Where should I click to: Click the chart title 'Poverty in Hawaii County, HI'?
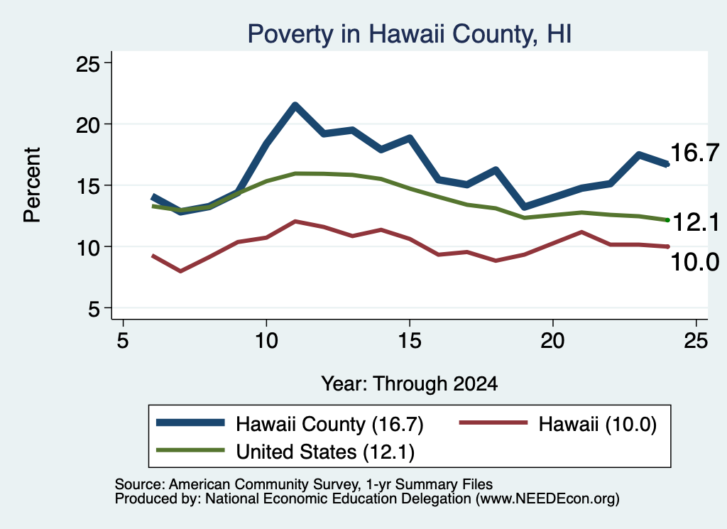410,34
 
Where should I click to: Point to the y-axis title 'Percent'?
32,185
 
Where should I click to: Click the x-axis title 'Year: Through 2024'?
410,384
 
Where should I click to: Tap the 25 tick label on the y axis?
88,63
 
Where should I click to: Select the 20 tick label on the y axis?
88,125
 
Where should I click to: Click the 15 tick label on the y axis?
88,186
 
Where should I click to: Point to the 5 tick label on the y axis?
94,308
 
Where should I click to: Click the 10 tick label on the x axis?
266,341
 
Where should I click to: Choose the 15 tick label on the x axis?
410,341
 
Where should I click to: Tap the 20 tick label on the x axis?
552,341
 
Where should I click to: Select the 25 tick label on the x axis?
696,341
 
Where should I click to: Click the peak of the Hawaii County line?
295,105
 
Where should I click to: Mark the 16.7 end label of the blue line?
694,153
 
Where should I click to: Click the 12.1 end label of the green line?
696,222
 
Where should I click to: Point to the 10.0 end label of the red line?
694,262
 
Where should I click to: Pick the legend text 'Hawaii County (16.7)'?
329,424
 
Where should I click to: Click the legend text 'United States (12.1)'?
325,452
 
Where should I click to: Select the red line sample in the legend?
493,422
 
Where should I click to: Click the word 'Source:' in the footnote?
140,484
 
